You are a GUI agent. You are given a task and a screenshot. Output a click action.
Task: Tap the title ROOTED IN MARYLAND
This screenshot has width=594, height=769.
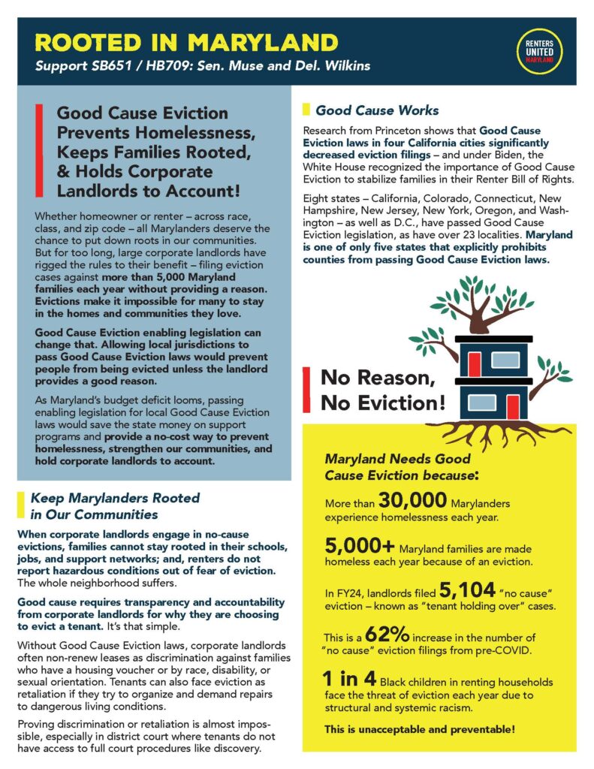point(187,41)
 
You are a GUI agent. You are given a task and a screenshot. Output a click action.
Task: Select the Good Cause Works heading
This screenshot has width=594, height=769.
point(376,110)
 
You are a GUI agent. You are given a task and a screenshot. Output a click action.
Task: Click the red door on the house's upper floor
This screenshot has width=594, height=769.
point(474,363)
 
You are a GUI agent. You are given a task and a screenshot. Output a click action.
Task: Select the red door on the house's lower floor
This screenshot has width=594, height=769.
point(513,407)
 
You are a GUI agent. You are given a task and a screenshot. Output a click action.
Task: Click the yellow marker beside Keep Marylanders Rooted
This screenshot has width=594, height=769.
point(20,507)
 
